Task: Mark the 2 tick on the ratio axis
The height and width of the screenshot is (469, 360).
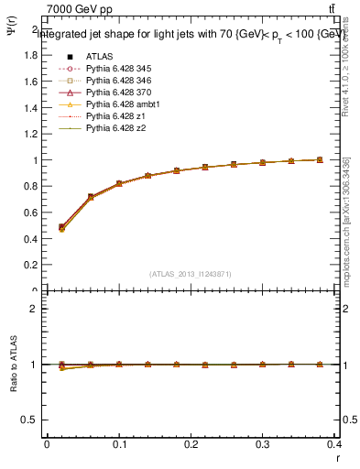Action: (34, 309)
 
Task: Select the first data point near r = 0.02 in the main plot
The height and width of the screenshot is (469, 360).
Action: (61, 227)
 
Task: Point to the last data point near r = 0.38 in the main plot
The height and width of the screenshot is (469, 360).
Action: (320, 159)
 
